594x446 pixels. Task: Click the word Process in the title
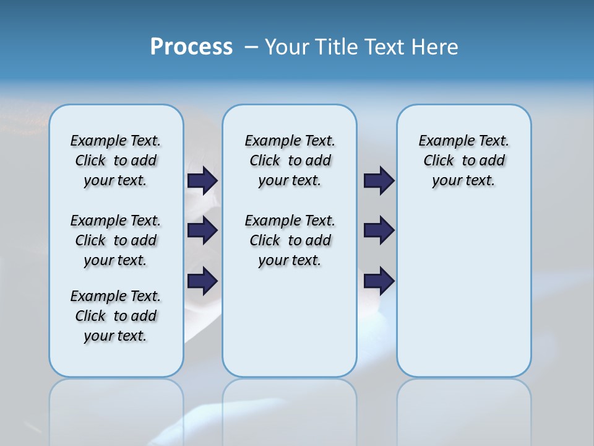pos(191,47)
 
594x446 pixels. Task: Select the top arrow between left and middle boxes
pos(202,181)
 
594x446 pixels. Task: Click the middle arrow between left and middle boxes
pos(202,230)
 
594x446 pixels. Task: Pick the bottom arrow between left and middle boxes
pos(202,281)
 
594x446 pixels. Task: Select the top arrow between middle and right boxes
pos(379,181)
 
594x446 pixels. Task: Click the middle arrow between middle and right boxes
pos(379,230)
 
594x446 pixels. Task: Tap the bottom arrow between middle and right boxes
pos(379,281)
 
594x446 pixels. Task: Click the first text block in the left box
pos(116,160)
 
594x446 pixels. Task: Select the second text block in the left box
pos(116,240)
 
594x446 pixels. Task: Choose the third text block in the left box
pos(116,316)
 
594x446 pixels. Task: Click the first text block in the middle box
pos(290,160)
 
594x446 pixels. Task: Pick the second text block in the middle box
pos(290,240)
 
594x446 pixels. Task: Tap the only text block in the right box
pos(464,160)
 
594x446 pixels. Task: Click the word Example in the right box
pos(442,141)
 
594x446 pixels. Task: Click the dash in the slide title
pos(251,47)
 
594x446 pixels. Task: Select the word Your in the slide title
pos(286,47)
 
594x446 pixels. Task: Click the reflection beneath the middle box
pos(290,409)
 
